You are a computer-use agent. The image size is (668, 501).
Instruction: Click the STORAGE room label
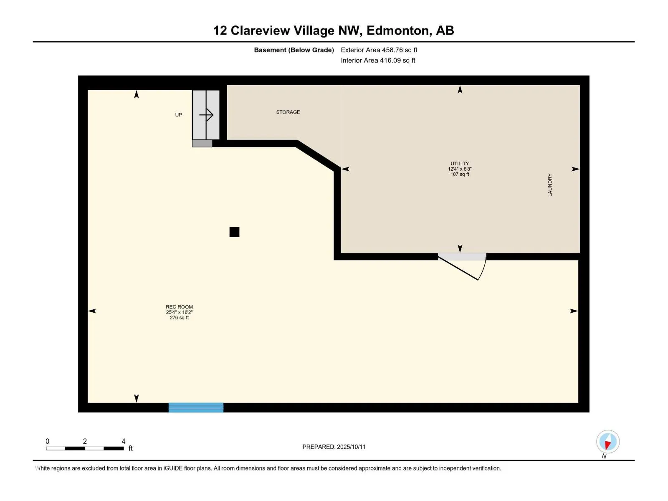(288, 112)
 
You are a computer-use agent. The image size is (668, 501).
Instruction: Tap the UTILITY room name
(460, 163)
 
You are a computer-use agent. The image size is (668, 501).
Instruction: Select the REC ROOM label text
(179, 306)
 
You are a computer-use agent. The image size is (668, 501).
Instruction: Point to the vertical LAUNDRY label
(549, 185)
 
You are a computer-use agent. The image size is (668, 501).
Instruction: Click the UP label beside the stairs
(178, 115)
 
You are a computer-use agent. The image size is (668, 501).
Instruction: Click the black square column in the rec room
(234, 232)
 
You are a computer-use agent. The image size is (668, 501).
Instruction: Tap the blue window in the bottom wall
(196, 407)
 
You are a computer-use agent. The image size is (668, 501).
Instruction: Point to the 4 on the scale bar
(123, 441)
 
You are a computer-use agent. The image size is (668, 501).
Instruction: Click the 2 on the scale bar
(85, 441)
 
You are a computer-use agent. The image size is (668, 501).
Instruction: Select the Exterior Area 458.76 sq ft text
(379, 50)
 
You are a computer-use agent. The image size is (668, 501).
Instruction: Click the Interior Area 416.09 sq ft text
(378, 60)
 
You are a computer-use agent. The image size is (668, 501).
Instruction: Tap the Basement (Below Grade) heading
(294, 50)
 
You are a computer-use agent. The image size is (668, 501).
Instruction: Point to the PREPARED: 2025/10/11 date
(334, 447)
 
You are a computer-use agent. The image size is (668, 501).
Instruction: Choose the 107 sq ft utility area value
(460, 174)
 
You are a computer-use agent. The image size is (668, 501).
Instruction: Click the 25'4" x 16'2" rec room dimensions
(179, 312)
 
